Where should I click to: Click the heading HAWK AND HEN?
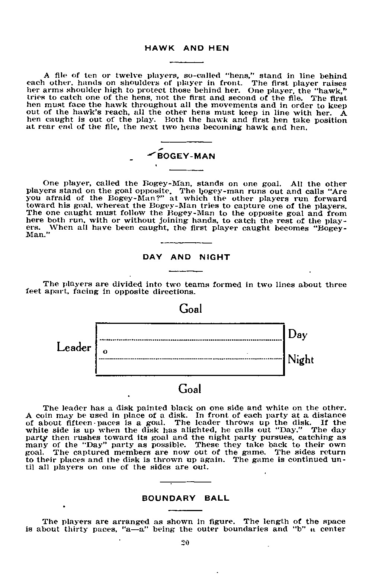(x=186, y=48)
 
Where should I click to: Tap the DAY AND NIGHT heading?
(x=186, y=257)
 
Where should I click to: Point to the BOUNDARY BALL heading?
(x=186, y=498)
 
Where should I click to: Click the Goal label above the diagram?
(x=190, y=309)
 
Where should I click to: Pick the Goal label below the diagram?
(x=190, y=389)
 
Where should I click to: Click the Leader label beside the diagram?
(x=74, y=347)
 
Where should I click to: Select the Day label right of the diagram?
(x=298, y=334)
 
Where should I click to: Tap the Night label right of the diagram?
(x=301, y=360)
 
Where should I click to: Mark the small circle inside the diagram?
(x=105, y=351)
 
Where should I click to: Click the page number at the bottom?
(x=185, y=543)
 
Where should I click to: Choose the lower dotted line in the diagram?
(x=190, y=359)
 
